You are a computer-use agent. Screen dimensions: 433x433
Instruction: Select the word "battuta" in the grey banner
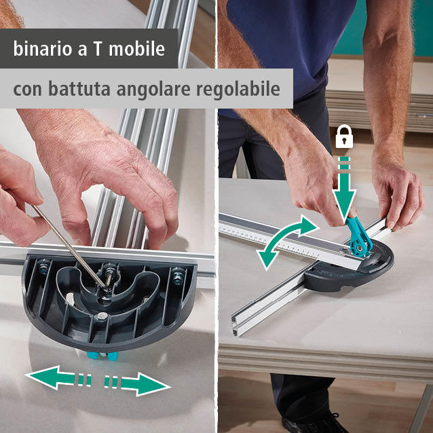(x=79, y=89)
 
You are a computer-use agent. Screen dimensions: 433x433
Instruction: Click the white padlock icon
(x=344, y=136)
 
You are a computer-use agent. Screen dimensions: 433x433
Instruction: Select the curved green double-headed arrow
(x=286, y=241)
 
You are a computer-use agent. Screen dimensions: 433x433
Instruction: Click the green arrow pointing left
(x=58, y=377)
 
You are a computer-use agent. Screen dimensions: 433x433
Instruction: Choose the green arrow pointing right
(x=137, y=384)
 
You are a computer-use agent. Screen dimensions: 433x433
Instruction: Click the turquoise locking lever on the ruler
(x=358, y=237)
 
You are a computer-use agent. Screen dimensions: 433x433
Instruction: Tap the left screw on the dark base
(x=43, y=267)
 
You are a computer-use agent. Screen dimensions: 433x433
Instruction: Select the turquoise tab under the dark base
(x=102, y=356)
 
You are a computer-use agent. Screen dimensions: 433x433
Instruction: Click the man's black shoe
(x=315, y=424)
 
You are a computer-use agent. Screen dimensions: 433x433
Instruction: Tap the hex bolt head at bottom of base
(x=102, y=316)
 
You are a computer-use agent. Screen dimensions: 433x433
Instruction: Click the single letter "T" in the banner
(x=97, y=49)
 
